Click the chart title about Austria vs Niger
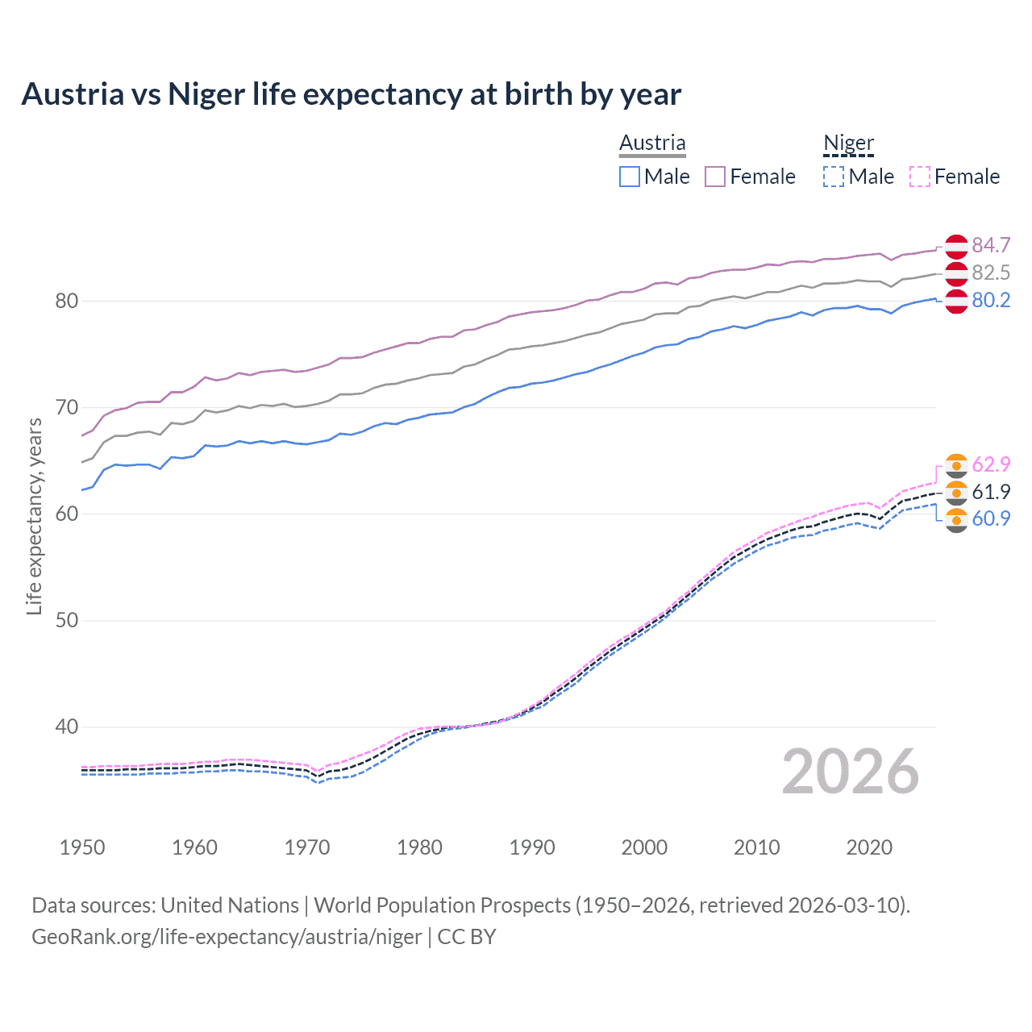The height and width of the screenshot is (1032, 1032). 351,94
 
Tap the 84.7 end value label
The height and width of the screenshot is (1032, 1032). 991,245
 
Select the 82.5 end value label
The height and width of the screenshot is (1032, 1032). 991,273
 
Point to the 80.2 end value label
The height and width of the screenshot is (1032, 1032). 991,300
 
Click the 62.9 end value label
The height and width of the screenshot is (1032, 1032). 991,464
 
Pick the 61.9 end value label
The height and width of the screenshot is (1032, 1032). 991,492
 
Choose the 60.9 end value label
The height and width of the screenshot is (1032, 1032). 991,518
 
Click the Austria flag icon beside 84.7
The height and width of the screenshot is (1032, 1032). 956,246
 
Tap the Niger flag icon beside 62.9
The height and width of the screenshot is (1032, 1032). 956,465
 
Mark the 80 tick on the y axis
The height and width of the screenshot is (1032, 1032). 66,301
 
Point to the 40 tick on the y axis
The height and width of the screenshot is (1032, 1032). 66,726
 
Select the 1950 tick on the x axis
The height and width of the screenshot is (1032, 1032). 82,847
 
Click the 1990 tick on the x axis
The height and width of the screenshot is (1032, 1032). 532,847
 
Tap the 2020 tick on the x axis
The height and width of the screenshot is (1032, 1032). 869,847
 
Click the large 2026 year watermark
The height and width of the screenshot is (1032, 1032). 851,772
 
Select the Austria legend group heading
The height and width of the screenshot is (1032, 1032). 652,143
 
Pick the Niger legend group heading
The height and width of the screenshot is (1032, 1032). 848,143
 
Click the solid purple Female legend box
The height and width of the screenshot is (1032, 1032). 715,177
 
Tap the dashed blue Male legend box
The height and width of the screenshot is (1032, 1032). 834,177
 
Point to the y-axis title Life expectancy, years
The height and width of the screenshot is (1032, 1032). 34,516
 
